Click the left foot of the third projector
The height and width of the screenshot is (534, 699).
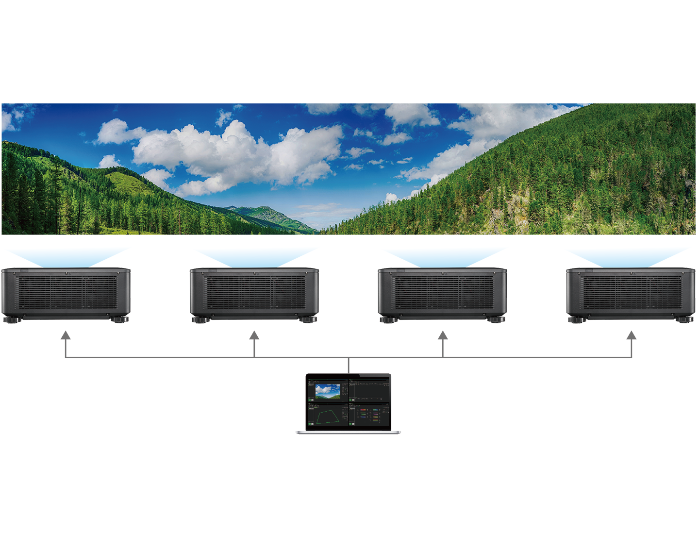pyautogui.click(x=388, y=319)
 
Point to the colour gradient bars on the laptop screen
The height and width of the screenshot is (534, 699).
pyautogui.click(x=369, y=414)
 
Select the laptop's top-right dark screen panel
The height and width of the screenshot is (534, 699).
pyautogui.click(x=370, y=388)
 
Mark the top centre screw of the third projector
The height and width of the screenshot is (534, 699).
pyautogui.click(x=442, y=274)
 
